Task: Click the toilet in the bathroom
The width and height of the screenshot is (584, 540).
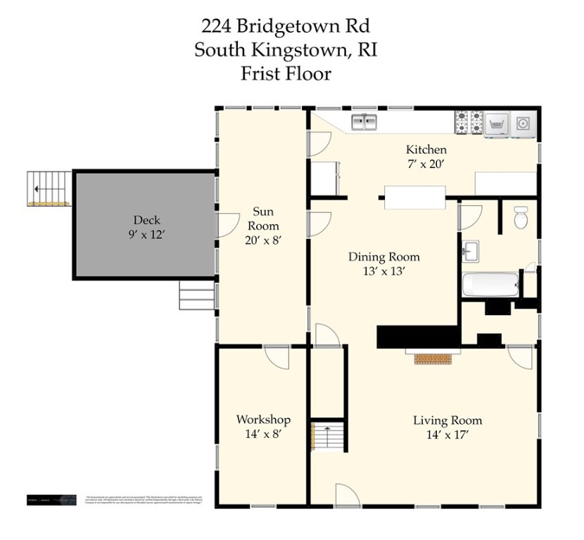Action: click(x=521, y=218)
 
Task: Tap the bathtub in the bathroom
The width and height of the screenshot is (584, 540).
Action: click(x=491, y=285)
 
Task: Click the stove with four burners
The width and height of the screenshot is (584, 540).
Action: click(x=469, y=122)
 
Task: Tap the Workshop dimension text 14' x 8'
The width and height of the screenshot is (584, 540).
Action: click(x=263, y=434)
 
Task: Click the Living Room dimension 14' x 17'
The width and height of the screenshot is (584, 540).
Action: click(x=447, y=435)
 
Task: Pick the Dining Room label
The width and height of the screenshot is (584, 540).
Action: click(x=384, y=257)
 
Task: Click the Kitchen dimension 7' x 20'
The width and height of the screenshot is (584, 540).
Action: click(x=426, y=164)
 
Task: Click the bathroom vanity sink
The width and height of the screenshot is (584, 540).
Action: click(x=471, y=251)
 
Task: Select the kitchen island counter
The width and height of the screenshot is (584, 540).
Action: click(x=414, y=196)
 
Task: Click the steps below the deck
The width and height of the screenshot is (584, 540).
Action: click(x=196, y=295)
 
